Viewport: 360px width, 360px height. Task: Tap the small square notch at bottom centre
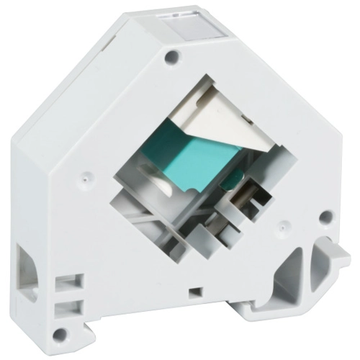194,292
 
